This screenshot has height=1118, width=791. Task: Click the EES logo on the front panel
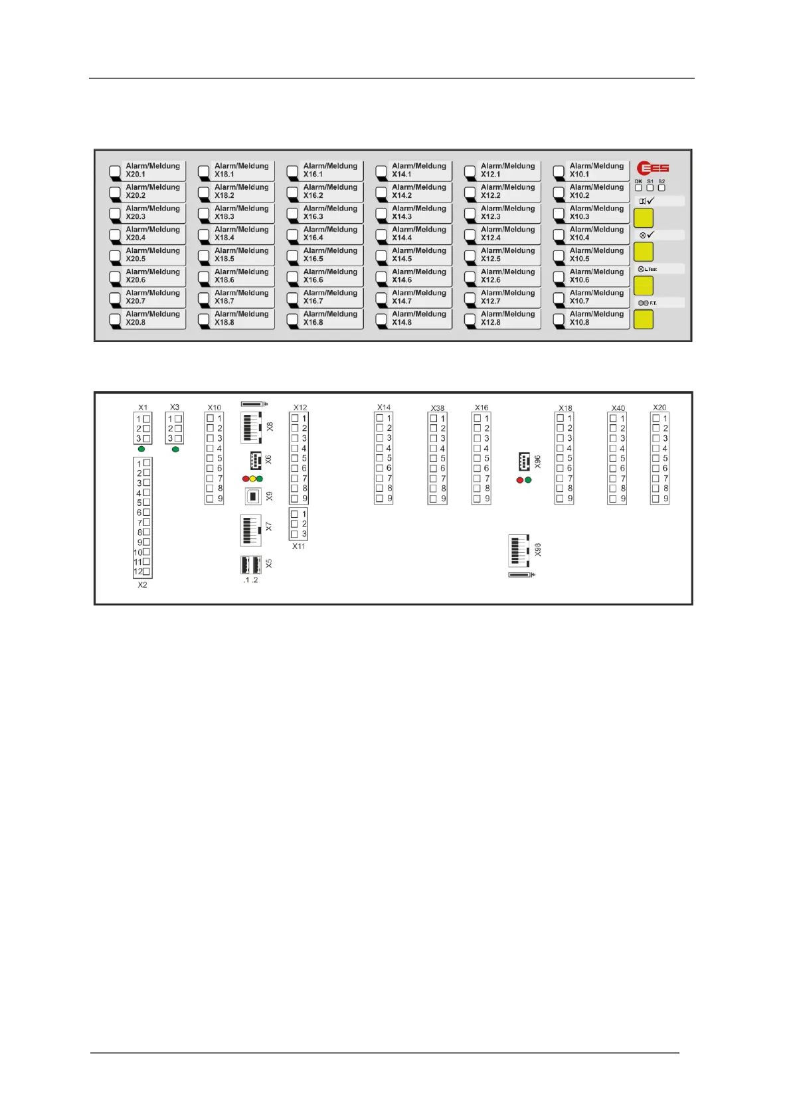653,168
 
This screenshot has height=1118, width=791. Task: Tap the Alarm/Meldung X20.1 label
153,170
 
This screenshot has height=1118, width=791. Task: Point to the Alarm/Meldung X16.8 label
330,318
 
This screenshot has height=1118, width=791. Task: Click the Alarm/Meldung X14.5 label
418,255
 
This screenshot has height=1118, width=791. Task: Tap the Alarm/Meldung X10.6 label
596,276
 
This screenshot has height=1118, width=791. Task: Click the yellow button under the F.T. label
643,319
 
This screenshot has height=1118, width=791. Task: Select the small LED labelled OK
638,188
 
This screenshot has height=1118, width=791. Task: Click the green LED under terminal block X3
175,449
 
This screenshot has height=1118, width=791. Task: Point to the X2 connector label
142,585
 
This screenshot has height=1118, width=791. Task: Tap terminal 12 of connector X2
147,572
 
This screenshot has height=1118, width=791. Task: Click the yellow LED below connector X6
252,479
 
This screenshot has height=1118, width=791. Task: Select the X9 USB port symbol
253,496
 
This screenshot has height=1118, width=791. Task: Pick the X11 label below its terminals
299,546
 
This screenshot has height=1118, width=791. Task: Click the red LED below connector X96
520,480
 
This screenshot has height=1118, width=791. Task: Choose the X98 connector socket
518,550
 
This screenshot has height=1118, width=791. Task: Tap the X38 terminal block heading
437,408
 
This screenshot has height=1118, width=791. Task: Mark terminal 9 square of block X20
656,499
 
